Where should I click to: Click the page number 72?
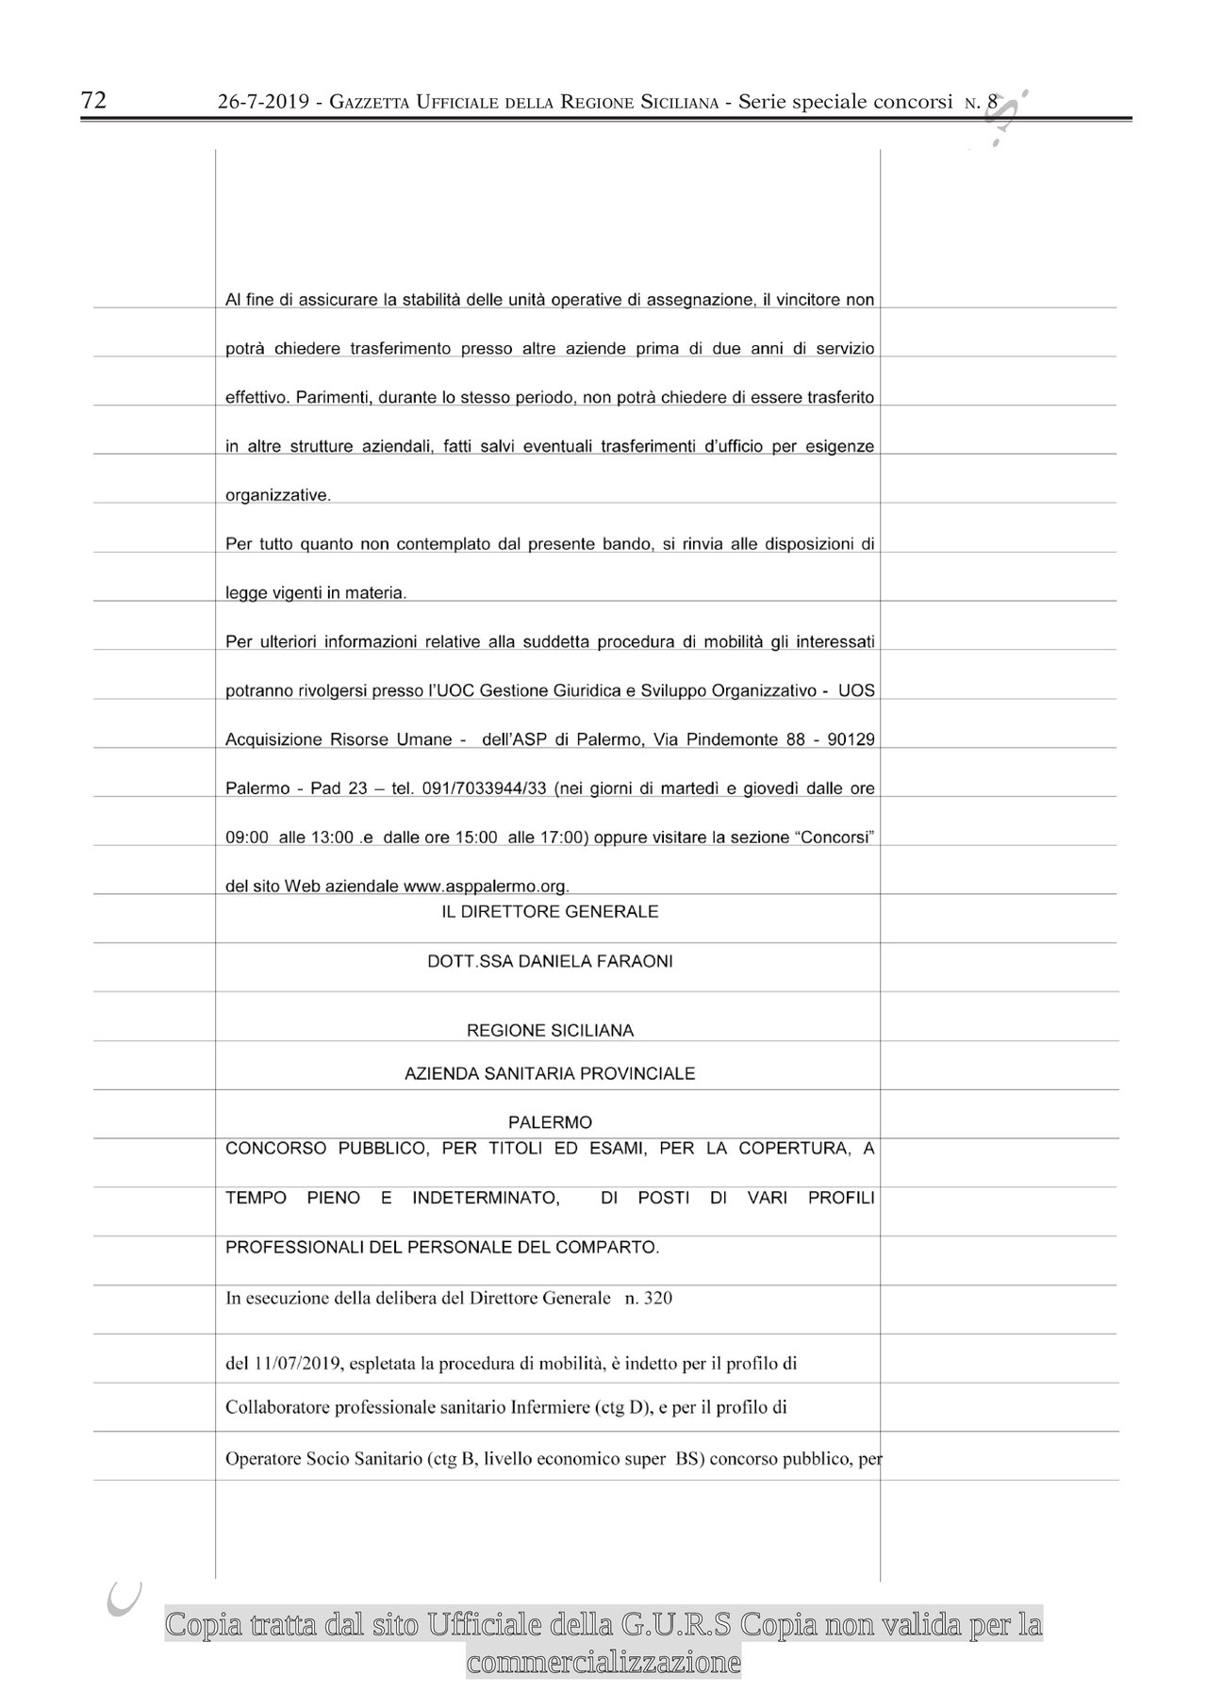pos(93,101)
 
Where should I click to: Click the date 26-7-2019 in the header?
pos(263,103)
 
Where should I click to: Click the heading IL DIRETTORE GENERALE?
pos(550,912)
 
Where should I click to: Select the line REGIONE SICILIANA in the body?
pos(550,1031)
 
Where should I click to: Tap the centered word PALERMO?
pos(550,1122)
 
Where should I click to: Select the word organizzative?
pos(277,495)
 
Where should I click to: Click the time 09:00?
pos(248,837)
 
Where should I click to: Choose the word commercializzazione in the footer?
pos(603,1662)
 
